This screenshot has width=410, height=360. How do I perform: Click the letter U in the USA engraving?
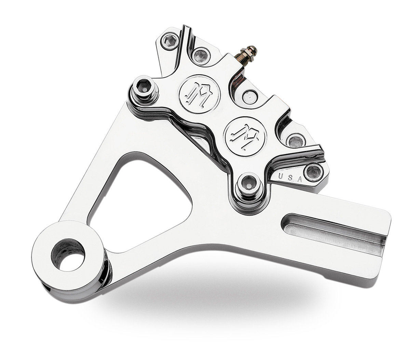click(x=281, y=177)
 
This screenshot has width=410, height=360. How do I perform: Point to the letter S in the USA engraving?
click(x=290, y=178)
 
